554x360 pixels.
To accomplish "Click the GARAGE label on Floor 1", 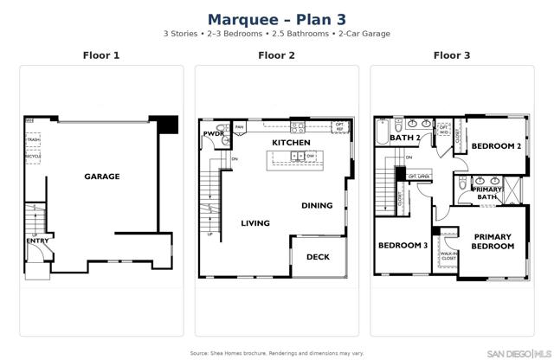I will point(101,177).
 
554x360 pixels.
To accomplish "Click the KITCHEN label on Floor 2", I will point(292,142).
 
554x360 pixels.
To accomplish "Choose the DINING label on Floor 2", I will point(316,206).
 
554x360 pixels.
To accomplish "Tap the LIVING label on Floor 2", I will point(255,223).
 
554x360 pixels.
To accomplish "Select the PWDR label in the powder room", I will point(213,134).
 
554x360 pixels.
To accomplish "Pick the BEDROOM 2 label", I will point(496,146).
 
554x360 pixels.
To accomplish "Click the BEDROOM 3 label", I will point(403,246).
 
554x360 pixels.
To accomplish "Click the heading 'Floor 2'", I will point(276,55).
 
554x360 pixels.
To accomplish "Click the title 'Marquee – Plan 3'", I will point(276,18).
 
